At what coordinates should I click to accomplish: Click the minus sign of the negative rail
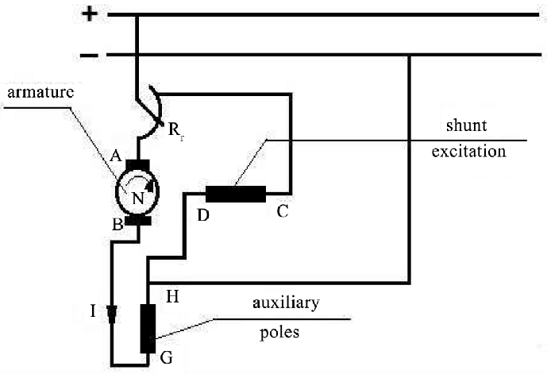89,56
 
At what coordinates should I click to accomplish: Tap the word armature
40,92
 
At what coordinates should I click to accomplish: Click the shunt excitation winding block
235,194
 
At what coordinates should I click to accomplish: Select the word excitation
468,151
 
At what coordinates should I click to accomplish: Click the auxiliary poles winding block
147,327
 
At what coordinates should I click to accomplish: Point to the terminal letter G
166,357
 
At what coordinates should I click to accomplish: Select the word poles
279,332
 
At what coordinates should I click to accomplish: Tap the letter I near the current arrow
93,310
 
